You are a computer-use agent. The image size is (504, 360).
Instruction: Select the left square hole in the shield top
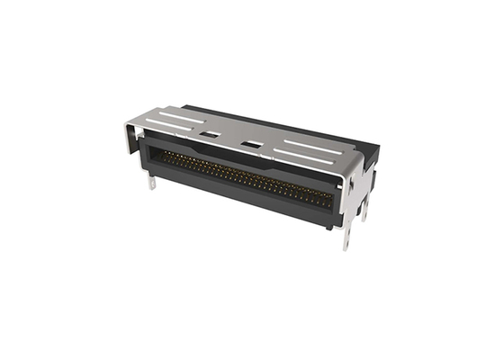tap(210, 134)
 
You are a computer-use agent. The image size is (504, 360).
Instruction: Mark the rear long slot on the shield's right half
tap(310, 141)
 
